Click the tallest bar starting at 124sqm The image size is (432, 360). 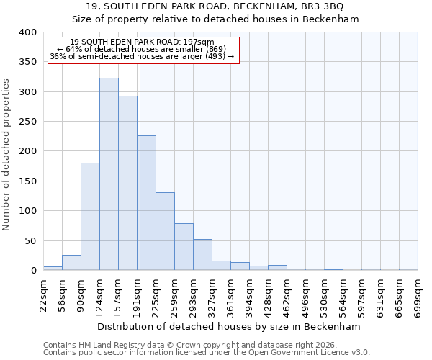(x=109, y=174)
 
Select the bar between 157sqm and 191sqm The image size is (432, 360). (x=127, y=183)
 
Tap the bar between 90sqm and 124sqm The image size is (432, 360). (x=90, y=216)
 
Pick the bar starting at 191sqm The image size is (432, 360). (x=147, y=203)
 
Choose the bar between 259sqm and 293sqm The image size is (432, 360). (x=184, y=247)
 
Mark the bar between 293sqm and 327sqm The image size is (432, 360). (x=202, y=255)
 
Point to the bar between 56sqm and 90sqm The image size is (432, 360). (x=71, y=263)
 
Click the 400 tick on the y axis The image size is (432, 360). (x=27, y=32)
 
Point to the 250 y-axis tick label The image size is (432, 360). (x=27, y=122)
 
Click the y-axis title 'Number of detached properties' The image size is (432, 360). (x=6, y=151)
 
